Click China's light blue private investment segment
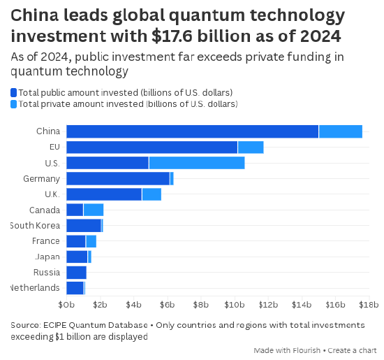pos(340,131)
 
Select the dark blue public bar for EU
pos(152,147)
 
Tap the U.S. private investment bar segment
pos(196,163)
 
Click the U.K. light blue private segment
pos(152,194)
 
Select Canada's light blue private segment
pos(94,210)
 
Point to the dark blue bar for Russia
pos(76,272)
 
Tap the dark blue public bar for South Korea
pos(83,225)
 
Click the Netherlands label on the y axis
pos(34,288)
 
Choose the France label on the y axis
pos(46,241)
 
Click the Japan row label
pos(47,257)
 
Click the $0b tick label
pos(66,305)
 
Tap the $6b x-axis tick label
pos(167,305)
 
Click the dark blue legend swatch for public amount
pos(14,92)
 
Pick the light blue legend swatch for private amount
pos(14,104)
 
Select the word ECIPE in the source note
pos(59,325)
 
